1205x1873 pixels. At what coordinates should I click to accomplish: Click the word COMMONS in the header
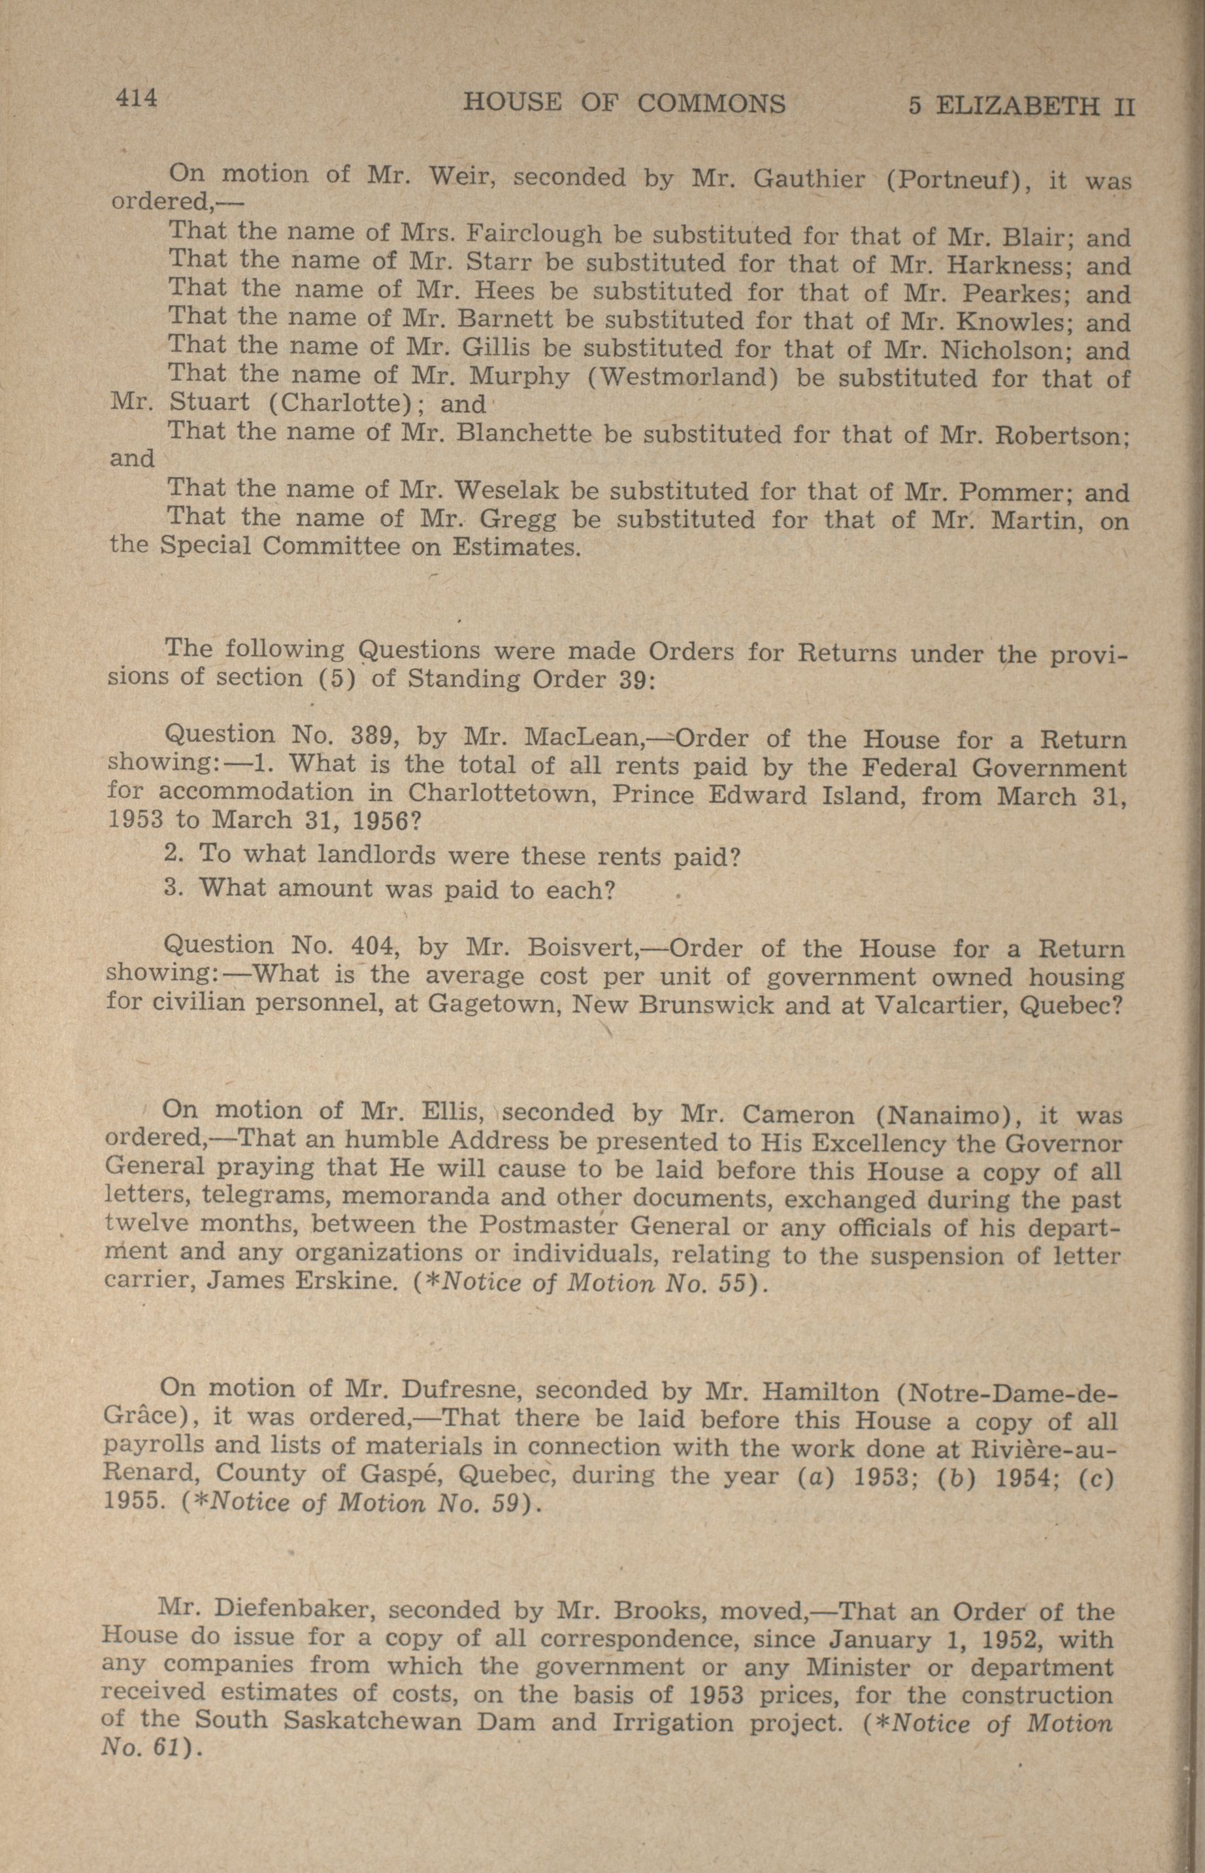[x=711, y=103]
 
